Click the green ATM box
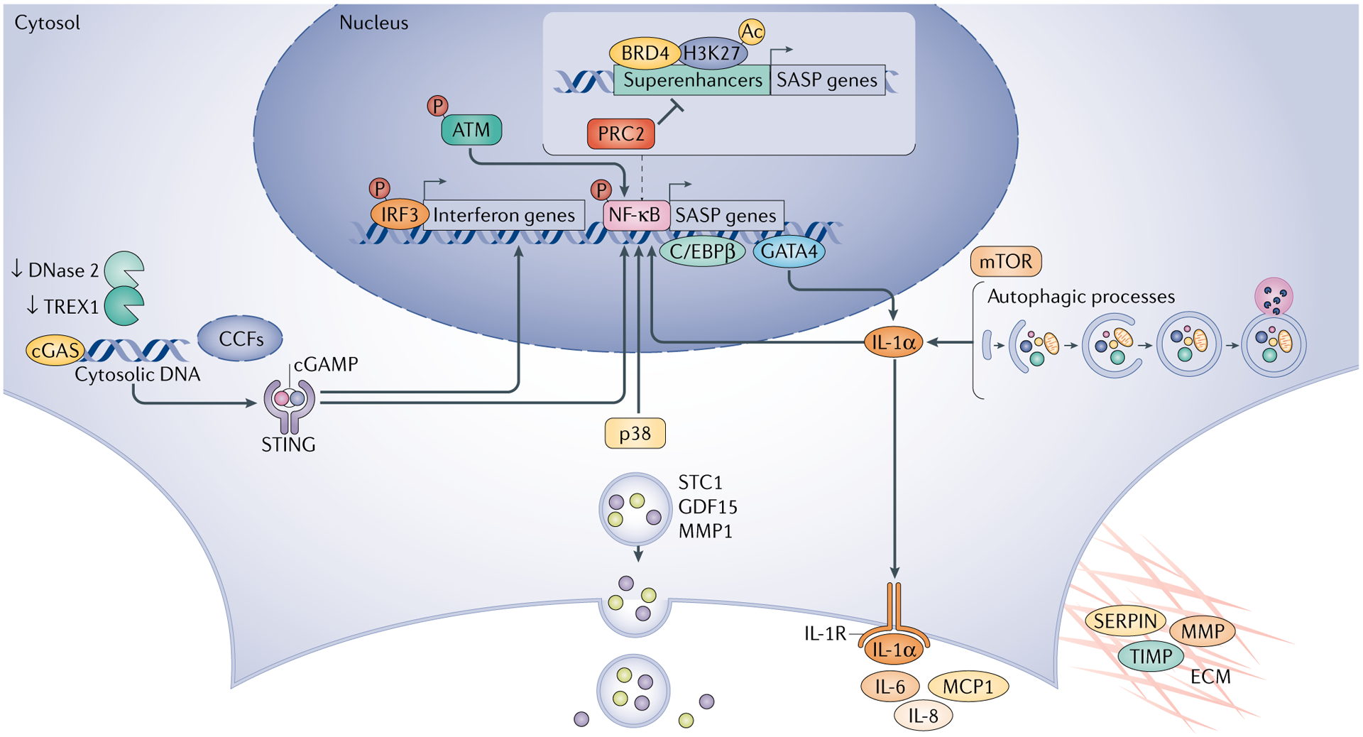click(x=471, y=130)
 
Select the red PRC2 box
click(x=620, y=133)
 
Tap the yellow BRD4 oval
click(x=644, y=53)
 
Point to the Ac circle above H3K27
click(x=752, y=32)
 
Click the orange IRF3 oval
click(x=399, y=214)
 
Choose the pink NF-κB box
click(x=635, y=214)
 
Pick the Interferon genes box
click(x=504, y=215)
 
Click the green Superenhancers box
click(x=691, y=80)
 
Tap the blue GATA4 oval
click(x=789, y=251)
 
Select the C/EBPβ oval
click(x=702, y=251)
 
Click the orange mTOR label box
click(x=1005, y=261)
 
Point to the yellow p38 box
click(x=635, y=433)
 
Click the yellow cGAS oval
click(x=55, y=351)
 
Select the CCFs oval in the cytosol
click(x=240, y=339)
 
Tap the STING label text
click(x=288, y=445)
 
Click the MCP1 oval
click(x=968, y=687)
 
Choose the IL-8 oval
click(x=923, y=716)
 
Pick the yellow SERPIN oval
click(x=1125, y=621)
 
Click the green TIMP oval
click(x=1150, y=657)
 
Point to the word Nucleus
click(x=373, y=23)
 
